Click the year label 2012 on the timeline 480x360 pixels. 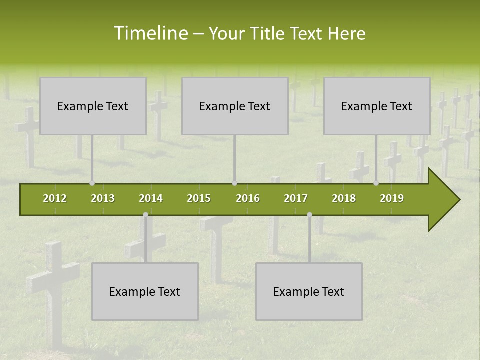tap(55, 198)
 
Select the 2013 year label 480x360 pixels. tap(103, 198)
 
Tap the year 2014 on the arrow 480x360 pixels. tap(151, 198)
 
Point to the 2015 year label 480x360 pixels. tap(199, 198)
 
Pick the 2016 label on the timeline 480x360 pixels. tap(248, 198)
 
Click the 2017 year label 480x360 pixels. tap(296, 198)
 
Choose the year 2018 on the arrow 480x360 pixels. tap(344, 198)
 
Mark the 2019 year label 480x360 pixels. tap(392, 198)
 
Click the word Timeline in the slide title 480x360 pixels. tap(150, 33)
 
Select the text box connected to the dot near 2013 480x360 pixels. tap(93, 106)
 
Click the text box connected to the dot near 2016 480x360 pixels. tap(235, 106)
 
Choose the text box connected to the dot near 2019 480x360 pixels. tap(377, 106)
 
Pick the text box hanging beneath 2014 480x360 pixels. tap(145, 291)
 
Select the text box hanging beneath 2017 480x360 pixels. tap(309, 291)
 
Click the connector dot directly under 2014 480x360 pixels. tap(145, 215)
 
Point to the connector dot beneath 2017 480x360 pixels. tap(309, 215)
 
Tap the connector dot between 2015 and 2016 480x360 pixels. tap(234, 183)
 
